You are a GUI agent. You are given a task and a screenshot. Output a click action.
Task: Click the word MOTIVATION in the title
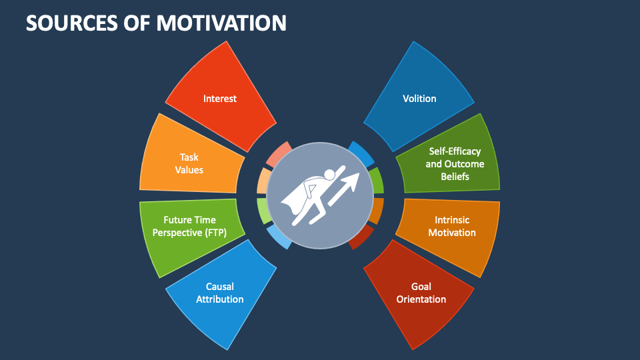click(x=221, y=22)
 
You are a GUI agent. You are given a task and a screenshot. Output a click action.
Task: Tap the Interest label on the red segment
click(x=220, y=99)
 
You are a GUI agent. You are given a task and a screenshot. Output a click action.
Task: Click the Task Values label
click(x=189, y=163)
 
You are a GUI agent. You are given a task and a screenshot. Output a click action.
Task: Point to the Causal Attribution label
click(x=219, y=293)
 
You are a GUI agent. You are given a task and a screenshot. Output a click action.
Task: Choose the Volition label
click(x=419, y=99)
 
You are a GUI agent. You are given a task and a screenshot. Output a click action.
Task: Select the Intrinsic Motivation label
click(x=452, y=225)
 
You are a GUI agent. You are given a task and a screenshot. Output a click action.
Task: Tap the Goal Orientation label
click(x=421, y=293)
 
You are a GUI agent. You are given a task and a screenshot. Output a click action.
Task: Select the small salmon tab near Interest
click(x=279, y=153)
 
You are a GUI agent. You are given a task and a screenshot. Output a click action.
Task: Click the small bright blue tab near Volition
click(x=361, y=153)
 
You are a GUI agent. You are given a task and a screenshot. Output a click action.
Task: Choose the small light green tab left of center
click(x=264, y=211)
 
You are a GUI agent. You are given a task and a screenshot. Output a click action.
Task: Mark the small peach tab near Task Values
click(x=264, y=180)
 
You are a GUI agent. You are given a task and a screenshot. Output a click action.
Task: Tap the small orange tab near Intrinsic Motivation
click(x=377, y=211)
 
